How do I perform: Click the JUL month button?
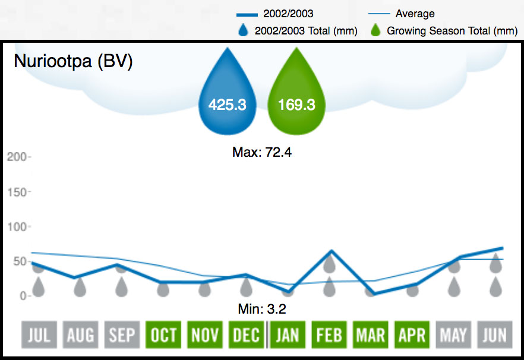[x=39, y=336]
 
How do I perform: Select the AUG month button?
[x=80, y=336]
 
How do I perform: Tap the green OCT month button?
[x=163, y=336]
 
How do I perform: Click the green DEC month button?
[x=246, y=336]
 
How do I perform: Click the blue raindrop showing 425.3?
[x=227, y=98]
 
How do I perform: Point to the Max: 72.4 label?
[x=262, y=153]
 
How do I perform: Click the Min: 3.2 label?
[x=262, y=309]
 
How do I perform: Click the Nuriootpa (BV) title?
[x=73, y=62]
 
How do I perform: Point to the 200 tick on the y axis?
[x=17, y=157]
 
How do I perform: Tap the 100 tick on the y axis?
[x=17, y=227]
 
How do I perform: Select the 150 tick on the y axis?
[x=17, y=192]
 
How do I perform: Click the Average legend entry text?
[x=415, y=14]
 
